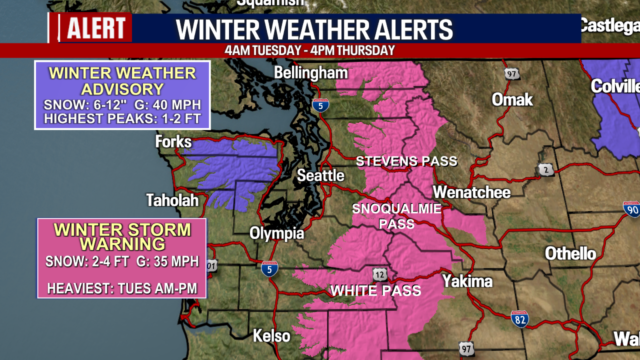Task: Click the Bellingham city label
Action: (x=310, y=73)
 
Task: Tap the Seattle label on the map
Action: (x=320, y=175)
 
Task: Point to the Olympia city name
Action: (x=276, y=233)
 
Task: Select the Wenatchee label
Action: (x=471, y=192)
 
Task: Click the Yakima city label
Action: (x=467, y=281)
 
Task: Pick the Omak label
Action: (x=512, y=99)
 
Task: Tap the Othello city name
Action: (x=570, y=253)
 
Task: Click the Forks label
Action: (x=173, y=142)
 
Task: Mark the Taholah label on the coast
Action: (x=172, y=200)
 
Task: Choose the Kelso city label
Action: (x=271, y=335)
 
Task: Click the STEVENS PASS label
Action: (x=406, y=161)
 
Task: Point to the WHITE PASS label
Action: (x=375, y=290)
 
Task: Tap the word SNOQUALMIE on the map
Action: (x=397, y=208)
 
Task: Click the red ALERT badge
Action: (x=95, y=27)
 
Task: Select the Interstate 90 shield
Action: (x=632, y=209)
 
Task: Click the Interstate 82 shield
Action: (x=520, y=318)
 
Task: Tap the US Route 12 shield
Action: (x=379, y=274)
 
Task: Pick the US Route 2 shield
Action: (x=546, y=169)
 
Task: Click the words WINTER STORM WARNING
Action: (x=122, y=236)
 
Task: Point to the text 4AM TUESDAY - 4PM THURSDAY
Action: (x=309, y=50)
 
